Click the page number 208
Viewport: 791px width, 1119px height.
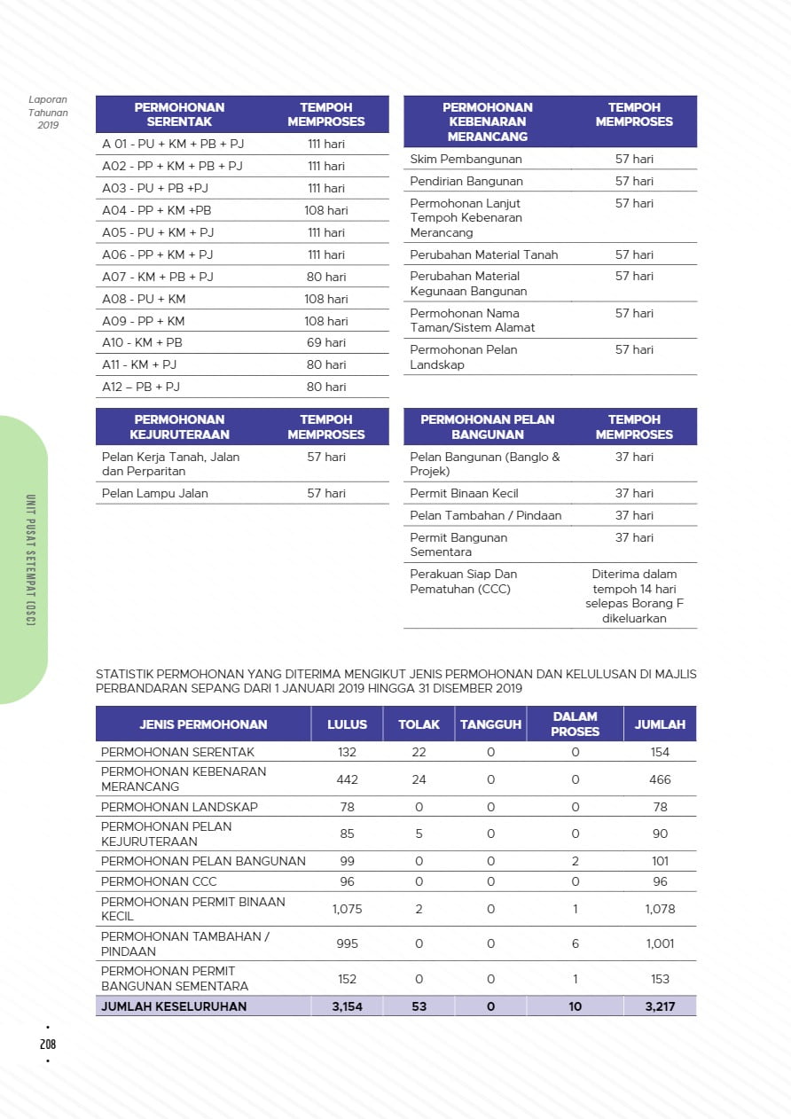pos(48,1045)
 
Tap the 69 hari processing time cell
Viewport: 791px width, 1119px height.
pos(325,342)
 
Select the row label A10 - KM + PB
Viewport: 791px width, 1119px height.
pos(142,342)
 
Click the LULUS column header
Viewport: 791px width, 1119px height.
pos(347,724)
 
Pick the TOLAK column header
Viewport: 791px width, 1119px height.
pos(419,724)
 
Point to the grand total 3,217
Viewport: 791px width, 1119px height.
pos(660,1006)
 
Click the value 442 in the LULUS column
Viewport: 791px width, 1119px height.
pos(347,779)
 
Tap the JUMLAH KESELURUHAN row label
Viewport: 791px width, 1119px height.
pos(174,1006)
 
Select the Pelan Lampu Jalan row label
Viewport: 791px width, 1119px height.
pos(155,493)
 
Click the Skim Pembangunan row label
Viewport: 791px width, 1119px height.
pos(466,159)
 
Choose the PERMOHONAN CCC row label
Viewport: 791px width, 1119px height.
pos(159,881)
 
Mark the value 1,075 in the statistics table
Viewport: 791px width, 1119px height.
pos(347,909)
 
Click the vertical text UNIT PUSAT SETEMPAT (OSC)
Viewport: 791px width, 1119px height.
pos(30,559)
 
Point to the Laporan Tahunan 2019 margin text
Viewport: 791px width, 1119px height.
pos(48,113)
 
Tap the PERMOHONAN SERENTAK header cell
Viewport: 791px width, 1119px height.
pos(179,114)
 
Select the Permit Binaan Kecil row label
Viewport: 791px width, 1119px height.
pos(464,493)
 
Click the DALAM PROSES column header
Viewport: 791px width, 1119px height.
pos(575,724)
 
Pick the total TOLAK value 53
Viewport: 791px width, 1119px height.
pos(419,1006)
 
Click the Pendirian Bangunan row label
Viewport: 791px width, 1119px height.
pos(466,181)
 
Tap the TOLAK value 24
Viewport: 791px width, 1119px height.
pos(419,779)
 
